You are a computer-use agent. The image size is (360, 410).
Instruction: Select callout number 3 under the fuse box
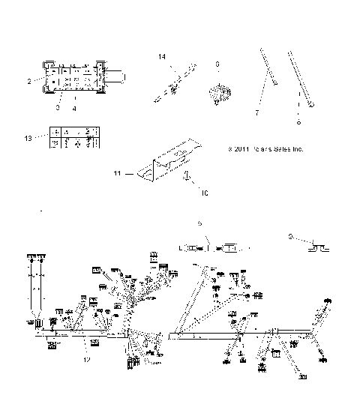(x=57, y=108)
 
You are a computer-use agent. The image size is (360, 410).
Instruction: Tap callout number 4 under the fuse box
(x=75, y=108)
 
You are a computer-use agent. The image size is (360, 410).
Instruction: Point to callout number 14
(x=161, y=57)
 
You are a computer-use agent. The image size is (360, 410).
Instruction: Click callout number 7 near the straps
(x=256, y=112)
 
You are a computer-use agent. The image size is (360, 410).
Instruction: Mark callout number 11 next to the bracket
(x=117, y=174)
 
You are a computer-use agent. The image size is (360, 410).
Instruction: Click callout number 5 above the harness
(x=199, y=223)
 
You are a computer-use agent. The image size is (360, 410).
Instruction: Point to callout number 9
(x=290, y=236)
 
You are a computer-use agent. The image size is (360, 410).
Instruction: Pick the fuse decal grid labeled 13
(x=72, y=139)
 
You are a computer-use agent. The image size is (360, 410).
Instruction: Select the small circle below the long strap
(x=299, y=122)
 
